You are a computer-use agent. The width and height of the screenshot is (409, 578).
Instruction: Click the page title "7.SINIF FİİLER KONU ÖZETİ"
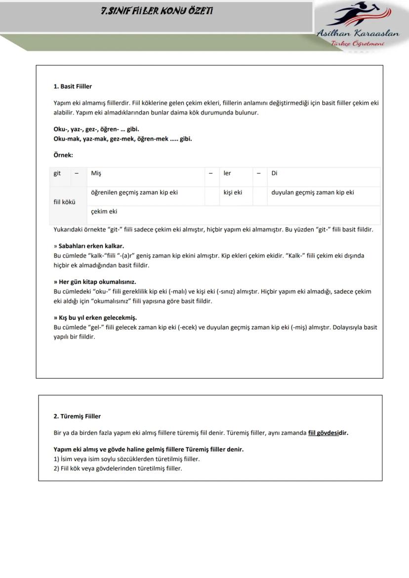[x=157, y=10]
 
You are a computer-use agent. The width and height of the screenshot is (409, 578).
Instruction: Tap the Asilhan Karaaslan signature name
[x=358, y=34]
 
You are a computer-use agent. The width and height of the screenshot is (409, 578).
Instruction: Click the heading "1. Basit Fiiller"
[x=73, y=86]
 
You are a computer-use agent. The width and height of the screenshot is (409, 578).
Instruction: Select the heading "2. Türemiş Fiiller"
[x=77, y=416]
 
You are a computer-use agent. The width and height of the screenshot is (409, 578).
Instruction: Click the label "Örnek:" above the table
[x=63, y=155]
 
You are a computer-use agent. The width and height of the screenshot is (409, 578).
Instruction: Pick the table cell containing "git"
[x=58, y=173]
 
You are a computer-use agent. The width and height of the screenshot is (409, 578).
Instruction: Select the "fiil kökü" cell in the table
[x=65, y=202]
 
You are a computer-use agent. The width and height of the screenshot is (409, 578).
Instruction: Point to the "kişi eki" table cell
[x=233, y=193]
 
